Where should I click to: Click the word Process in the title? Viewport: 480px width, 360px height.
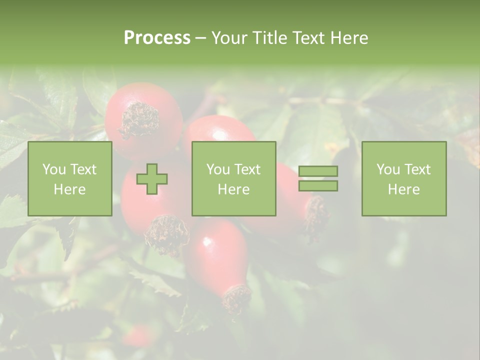pyautogui.click(x=157, y=38)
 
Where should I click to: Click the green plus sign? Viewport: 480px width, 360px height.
pyautogui.click(x=152, y=179)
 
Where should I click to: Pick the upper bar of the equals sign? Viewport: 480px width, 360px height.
pyautogui.click(x=318, y=171)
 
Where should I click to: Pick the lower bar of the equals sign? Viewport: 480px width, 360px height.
pyautogui.click(x=318, y=185)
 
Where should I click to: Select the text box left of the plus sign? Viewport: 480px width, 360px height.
pyautogui.click(x=69, y=178)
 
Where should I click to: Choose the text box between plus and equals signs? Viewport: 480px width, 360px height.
pyautogui.click(x=233, y=178)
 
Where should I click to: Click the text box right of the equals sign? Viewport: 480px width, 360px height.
pyautogui.click(x=403, y=178)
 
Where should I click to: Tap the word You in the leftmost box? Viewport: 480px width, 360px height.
pyautogui.click(x=53, y=169)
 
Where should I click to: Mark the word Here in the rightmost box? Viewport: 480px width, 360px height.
pyautogui.click(x=403, y=189)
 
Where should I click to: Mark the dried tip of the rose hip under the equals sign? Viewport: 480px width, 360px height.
pyautogui.click(x=316, y=215)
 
